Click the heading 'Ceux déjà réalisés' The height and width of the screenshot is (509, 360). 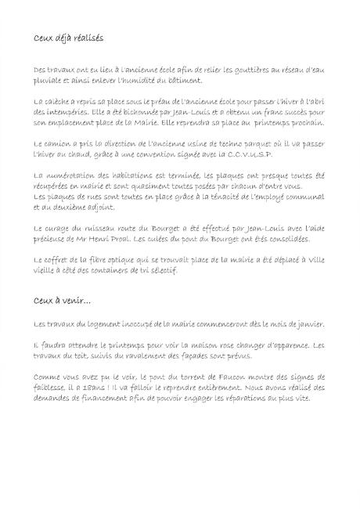point(70,38)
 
